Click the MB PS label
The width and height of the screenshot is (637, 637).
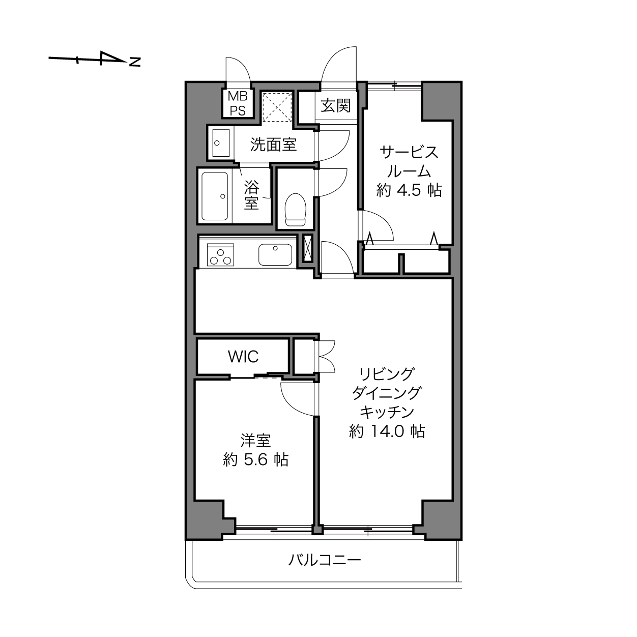(x=238, y=103)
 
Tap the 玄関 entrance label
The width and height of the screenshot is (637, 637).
(x=335, y=106)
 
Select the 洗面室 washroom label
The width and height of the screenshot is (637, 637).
(x=273, y=144)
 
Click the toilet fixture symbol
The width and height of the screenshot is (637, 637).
(x=295, y=210)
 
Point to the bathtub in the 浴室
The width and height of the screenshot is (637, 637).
(x=215, y=196)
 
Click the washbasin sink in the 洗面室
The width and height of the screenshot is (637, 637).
(x=221, y=143)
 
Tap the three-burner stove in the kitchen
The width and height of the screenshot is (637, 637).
(x=220, y=254)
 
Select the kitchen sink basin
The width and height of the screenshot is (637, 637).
(x=275, y=254)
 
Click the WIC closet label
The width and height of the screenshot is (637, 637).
(x=243, y=356)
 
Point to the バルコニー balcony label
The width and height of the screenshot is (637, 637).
(x=325, y=560)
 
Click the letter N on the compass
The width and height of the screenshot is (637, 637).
(x=135, y=62)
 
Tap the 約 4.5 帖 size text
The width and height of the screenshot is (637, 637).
(x=409, y=190)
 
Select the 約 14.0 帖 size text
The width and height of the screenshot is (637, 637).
(x=387, y=431)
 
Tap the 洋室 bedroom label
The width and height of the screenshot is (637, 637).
(x=255, y=440)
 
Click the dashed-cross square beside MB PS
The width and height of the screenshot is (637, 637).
(x=277, y=107)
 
